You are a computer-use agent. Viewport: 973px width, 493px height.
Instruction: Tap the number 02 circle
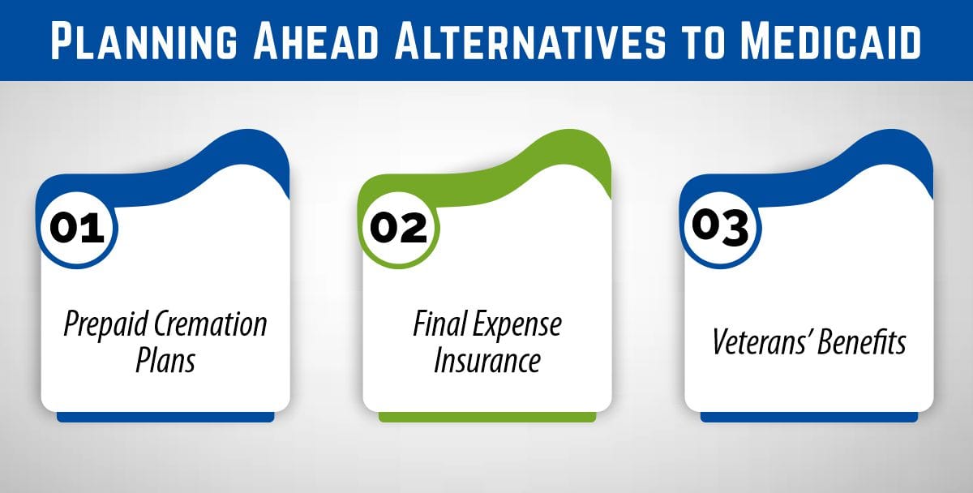[398, 227]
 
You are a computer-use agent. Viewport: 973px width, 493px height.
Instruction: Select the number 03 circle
[720, 227]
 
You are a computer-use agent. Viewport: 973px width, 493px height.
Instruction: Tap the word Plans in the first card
[165, 360]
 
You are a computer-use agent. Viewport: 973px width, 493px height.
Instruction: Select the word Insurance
[486, 360]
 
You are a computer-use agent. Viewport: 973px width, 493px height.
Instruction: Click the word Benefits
[862, 342]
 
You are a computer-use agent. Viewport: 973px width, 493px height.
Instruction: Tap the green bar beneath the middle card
[486, 417]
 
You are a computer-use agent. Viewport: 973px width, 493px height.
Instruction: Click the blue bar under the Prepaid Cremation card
[165, 417]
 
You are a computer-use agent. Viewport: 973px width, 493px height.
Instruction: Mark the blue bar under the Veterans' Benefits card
[808, 417]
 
